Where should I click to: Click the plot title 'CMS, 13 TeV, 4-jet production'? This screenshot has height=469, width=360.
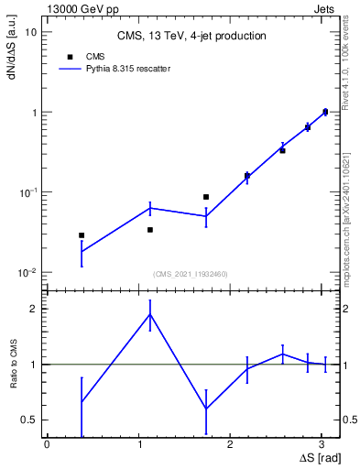point(191,37)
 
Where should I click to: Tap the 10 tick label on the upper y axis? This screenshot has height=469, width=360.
point(30,32)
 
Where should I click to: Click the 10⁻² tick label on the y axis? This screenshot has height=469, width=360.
point(27,272)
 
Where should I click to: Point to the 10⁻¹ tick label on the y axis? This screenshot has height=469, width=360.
point(27,192)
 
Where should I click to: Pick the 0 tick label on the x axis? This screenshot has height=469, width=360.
point(46,444)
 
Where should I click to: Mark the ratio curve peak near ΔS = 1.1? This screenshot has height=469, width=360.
point(150,314)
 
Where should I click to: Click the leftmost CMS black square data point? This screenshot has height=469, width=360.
point(82,235)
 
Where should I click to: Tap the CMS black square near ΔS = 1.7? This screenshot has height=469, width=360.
point(206,197)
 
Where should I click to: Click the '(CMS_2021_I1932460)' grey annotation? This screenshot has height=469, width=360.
point(191,274)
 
